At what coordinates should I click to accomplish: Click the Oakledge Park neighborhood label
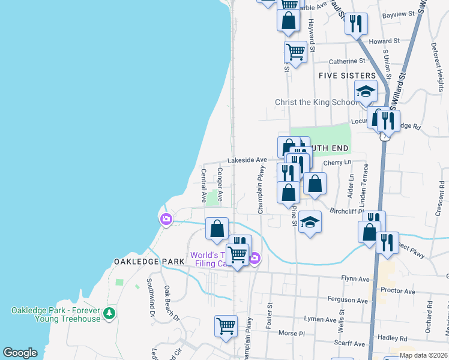(139, 262)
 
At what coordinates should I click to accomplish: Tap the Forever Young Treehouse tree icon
(109, 313)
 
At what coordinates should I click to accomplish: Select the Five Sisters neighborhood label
(347, 76)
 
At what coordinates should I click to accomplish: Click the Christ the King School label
(315, 102)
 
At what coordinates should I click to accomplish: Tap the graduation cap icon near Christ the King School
(365, 92)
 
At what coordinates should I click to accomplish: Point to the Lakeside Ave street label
(247, 160)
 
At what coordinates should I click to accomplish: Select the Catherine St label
(347, 61)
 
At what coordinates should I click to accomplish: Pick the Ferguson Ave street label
(348, 300)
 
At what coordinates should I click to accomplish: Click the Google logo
(20, 353)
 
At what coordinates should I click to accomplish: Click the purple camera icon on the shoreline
(165, 220)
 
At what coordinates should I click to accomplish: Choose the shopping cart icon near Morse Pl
(226, 326)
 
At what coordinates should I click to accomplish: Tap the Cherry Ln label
(337, 163)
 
